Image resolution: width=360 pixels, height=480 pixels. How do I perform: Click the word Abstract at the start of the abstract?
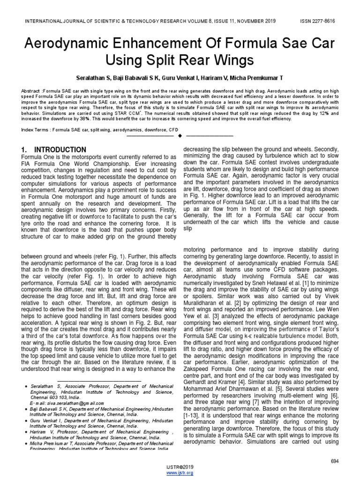(x=31, y=90)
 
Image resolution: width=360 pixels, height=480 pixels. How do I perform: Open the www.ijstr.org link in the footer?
(x=180, y=473)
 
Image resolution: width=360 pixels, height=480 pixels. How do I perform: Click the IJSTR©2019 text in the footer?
(x=180, y=467)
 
